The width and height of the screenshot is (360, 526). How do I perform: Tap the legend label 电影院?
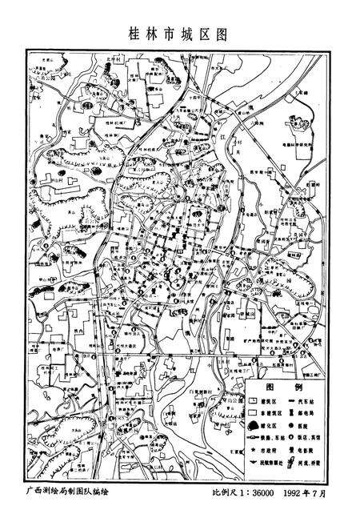tap(309, 451)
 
